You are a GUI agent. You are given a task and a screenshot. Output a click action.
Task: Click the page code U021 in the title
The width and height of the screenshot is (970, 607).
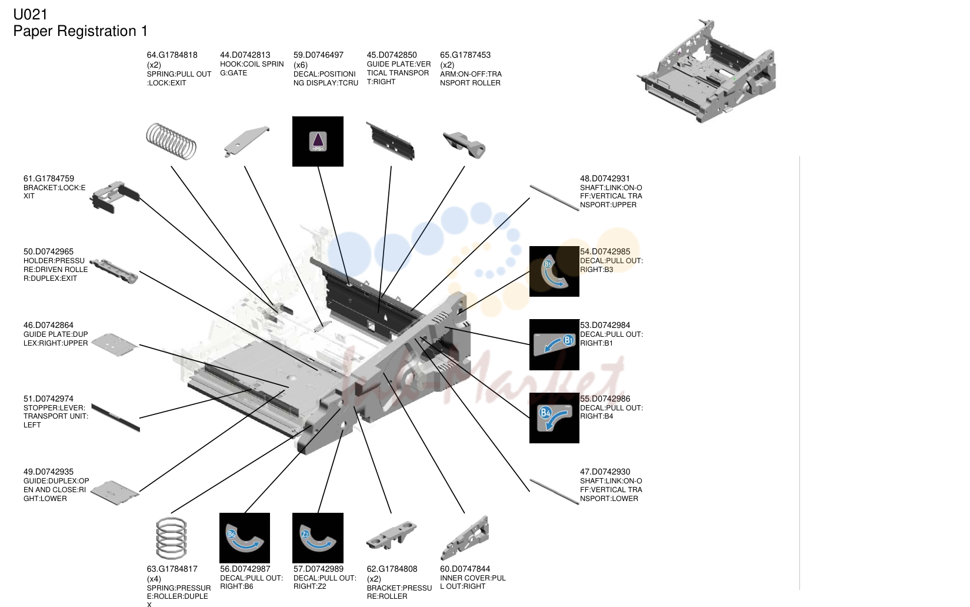31,15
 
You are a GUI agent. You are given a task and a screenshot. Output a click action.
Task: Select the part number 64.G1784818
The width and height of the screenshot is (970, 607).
172,55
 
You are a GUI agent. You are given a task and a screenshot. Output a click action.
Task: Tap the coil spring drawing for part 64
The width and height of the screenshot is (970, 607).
172,141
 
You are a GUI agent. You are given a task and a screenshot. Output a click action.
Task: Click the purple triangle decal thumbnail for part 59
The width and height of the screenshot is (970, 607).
318,141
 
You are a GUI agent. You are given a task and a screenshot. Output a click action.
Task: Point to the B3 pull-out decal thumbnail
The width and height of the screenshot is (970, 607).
554,271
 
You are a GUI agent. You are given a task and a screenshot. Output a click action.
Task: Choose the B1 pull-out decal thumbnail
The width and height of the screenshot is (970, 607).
554,345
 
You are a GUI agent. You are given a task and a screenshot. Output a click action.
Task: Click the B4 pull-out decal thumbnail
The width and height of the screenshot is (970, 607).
554,418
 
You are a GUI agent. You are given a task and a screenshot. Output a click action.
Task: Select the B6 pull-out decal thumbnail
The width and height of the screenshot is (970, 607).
245,538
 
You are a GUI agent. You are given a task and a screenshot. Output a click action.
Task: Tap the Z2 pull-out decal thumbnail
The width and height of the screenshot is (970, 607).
318,538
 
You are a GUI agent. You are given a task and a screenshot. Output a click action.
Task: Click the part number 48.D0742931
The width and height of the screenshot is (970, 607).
605,178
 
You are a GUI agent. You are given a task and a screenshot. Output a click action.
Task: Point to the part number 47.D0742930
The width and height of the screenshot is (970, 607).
605,472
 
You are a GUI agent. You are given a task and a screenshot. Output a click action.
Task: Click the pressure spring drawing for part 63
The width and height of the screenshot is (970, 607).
172,538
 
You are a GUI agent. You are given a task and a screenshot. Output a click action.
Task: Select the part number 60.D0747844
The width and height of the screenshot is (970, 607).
465,569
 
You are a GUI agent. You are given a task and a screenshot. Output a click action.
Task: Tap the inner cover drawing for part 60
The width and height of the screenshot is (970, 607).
465,538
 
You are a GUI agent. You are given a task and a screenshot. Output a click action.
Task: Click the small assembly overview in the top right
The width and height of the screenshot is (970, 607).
706,71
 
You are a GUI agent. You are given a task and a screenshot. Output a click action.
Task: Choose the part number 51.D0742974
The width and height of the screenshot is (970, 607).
48,399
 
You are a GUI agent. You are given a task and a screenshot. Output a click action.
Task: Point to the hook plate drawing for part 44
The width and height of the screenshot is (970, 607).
246,141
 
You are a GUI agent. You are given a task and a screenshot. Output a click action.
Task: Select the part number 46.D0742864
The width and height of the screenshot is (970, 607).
48,326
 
